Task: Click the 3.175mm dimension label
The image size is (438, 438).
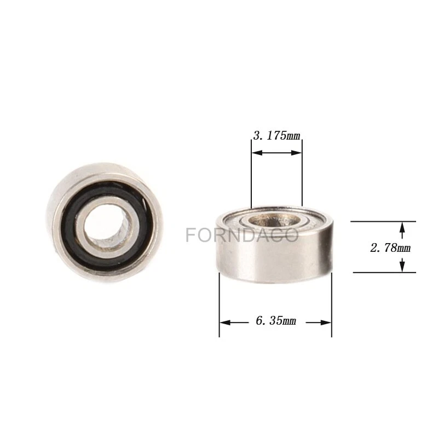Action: [276, 136]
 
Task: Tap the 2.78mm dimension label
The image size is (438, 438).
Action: [390, 247]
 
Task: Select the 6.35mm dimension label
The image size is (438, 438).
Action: [276, 321]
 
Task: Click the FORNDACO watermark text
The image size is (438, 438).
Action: [242, 235]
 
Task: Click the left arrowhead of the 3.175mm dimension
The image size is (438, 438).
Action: [257, 153]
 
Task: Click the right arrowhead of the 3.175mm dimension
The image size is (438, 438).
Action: [296, 153]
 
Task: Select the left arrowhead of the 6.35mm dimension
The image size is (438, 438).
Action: [226, 322]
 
